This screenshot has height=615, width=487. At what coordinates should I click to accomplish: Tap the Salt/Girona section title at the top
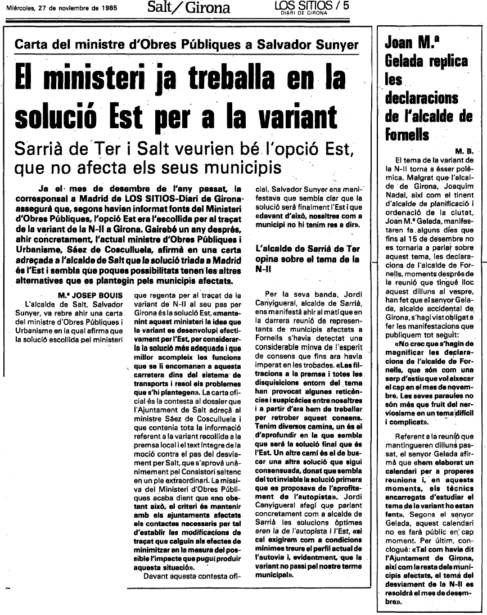coord(188,8)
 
